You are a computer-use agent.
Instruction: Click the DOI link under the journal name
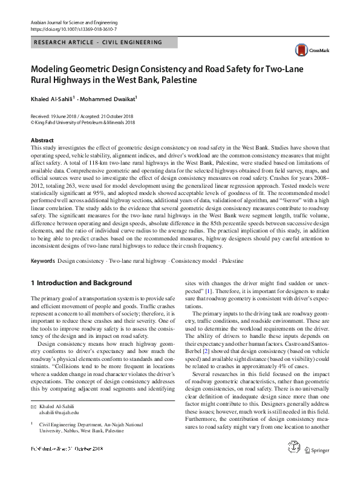73,28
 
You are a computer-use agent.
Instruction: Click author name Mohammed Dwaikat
111,97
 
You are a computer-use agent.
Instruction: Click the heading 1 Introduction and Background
81,283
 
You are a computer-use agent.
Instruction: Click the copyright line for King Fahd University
83,122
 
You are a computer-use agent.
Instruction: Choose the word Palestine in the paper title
175,79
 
